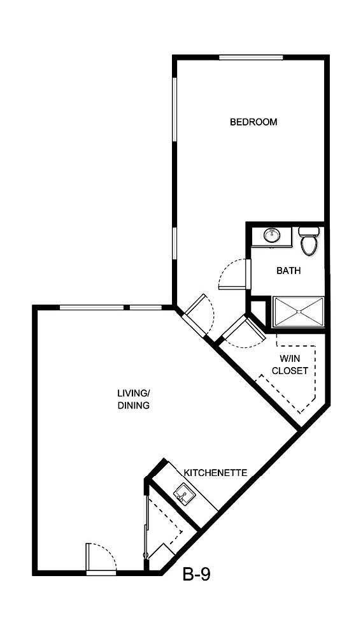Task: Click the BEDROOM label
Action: (253, 122)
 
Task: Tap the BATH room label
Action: (288, 271)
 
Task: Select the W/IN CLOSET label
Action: (290, 365)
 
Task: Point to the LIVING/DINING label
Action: (133, 399)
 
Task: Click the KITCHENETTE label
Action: (215, 473)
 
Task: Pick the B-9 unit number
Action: (197, 575)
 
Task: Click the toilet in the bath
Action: (309, 242)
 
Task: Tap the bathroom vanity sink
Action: (272, 236)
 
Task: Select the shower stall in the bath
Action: (298, 313)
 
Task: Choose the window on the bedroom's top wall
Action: (251, 57)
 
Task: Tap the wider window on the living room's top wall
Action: (92, 308)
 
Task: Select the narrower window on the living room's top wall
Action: (146, 308)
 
